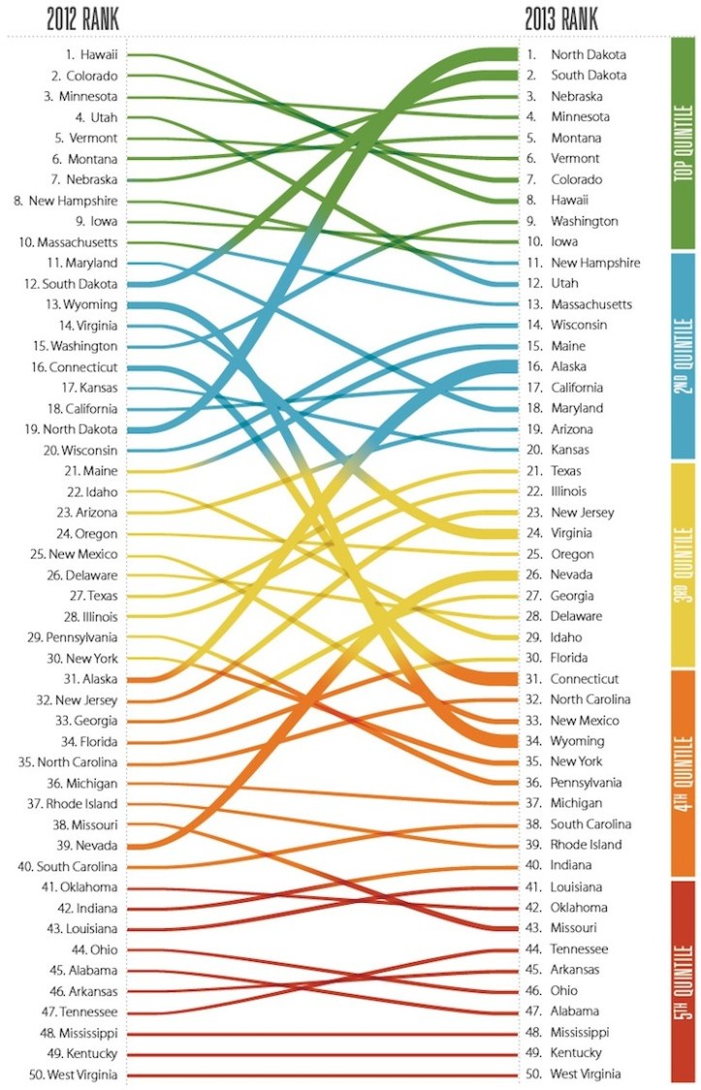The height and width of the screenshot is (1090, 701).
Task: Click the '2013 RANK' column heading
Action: [561, 19]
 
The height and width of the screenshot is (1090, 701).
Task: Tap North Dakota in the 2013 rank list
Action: [588, 55]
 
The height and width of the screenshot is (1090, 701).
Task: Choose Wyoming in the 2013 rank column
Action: [576, 741]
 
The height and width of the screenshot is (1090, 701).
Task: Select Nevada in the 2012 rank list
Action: [91, 846]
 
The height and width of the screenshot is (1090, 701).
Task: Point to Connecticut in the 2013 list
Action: [584, 679]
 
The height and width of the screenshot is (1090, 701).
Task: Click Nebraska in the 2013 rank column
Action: [576, 96]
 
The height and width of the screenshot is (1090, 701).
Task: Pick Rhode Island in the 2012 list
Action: [81, 804]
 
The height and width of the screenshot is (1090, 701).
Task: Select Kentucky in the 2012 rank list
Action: [86, 1053]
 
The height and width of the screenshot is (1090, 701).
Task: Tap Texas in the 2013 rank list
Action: [567, 470]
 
